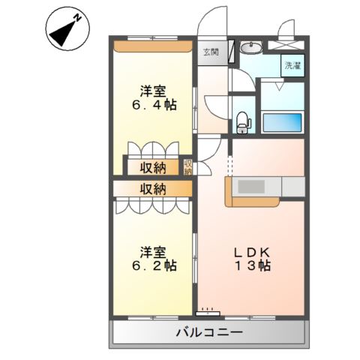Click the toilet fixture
pos(242,119)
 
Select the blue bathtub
pos(282,121)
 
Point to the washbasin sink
pos(251,49)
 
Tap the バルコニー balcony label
pos(208,331)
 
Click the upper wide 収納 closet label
pos(151,166)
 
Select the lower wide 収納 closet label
pos(151,188)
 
